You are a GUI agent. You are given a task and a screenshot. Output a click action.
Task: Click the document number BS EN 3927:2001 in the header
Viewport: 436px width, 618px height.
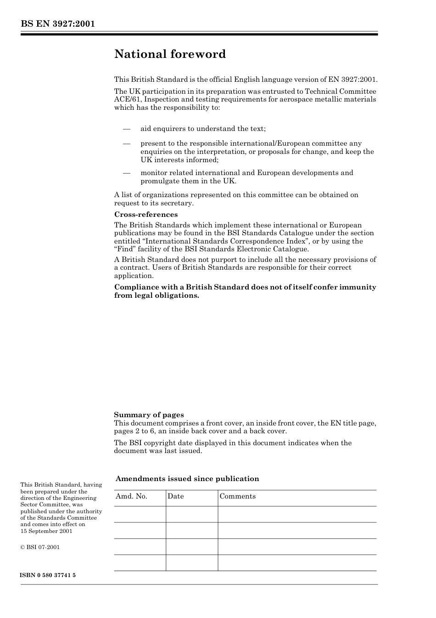tap(57, 24)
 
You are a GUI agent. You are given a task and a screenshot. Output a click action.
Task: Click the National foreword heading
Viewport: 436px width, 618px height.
tap(170, 54)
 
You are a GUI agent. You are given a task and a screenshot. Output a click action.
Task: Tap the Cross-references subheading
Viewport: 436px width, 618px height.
tap(145, 215)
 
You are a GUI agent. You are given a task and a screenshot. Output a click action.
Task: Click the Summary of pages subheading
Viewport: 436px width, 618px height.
tap(149, 415)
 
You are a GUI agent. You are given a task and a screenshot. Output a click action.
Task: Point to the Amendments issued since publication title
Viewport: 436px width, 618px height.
tap(187, 479)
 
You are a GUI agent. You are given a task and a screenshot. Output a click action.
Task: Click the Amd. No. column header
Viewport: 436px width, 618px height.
tap(131, 496)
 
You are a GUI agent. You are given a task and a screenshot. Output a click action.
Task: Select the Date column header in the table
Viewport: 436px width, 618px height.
tap(176, 496)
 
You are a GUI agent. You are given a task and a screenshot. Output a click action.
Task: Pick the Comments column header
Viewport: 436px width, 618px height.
tap(238, 496)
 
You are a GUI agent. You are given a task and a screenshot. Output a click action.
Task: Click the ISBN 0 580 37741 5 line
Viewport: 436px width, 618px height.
tap(48, 575)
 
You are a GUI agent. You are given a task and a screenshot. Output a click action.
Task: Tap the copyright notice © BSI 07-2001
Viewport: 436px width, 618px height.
tap(40, 547)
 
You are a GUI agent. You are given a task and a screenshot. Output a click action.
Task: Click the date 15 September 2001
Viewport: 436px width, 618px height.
tap(46, 531)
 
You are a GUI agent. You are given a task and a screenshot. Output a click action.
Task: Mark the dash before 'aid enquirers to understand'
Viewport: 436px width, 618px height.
tap(127, 129)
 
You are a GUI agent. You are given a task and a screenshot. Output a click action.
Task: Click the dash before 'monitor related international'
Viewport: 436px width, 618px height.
tap(127, 173)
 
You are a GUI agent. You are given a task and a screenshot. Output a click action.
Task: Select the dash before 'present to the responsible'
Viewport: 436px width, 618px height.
tap(127, 143)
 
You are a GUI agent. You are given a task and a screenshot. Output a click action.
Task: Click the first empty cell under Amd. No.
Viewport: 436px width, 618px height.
tap(140, 514)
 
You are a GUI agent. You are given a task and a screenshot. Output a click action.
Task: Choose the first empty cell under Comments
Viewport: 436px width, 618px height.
tap(297, 514)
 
